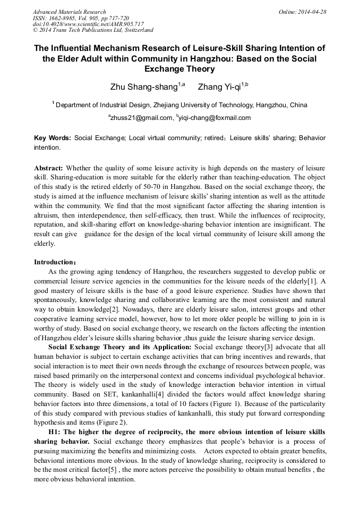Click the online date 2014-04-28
(x=312, y=12)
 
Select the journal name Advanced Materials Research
(x=69, y=12)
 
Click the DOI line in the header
(x=88, y=24)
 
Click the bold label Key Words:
(x=53, y=138)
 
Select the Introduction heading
(x=55, y=262)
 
